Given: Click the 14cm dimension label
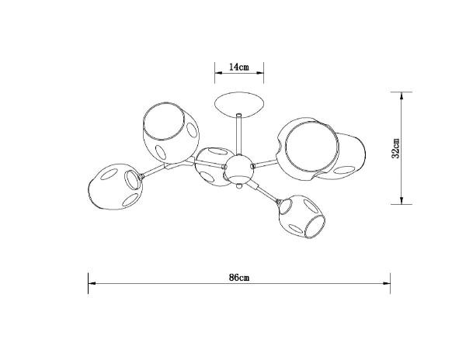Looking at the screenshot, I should (x=238, y=68).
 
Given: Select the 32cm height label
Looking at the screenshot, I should (x=395, y=147).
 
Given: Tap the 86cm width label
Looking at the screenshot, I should (x=238, y=277).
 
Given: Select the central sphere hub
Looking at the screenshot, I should (x=238, y=168).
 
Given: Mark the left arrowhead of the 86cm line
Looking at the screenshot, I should (x=90, y=284).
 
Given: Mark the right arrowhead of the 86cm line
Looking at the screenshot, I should (x=388, y=284).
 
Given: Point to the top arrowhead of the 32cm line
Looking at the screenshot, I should (x=402, y=95).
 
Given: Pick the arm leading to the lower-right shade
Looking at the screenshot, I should (x=266, y=192).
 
